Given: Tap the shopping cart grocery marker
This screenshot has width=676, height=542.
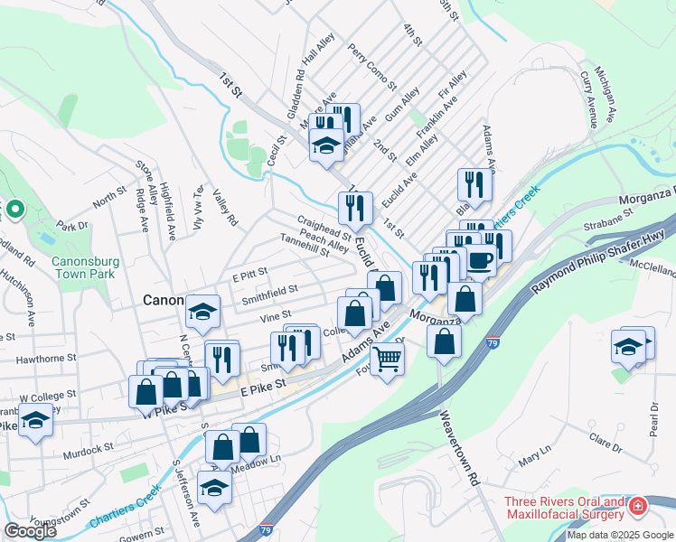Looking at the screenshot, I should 387,359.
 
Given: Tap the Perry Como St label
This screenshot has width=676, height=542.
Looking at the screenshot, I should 371,70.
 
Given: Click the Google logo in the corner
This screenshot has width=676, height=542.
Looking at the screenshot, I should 30,530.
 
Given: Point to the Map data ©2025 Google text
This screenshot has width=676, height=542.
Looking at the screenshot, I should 620,535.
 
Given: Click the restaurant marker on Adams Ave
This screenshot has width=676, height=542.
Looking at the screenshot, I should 474,185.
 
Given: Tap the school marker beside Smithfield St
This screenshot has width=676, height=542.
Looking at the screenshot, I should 202,313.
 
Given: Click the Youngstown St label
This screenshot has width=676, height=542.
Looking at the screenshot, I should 60,513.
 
